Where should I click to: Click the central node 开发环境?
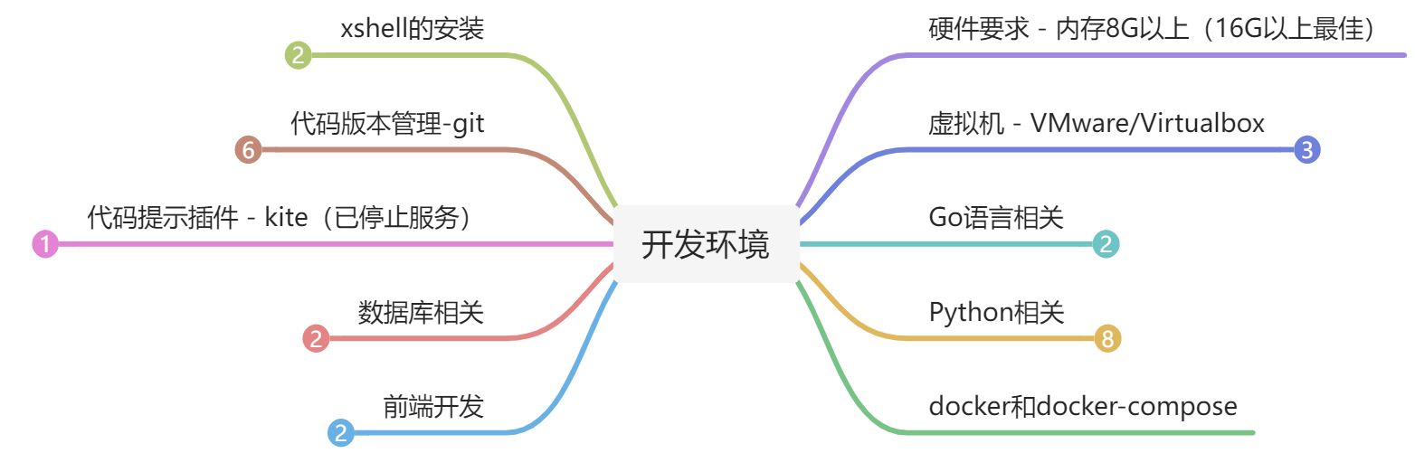[x=706, y=244]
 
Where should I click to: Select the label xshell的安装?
[x=412, y=29]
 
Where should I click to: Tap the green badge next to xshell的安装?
[x=298, y=56]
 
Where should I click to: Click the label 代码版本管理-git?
[x=387, y=123]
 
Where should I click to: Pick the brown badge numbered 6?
[x=247, y=149]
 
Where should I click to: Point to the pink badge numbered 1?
[x=44, y=243]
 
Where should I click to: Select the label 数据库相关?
[x=421, y=313]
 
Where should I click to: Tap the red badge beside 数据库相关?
[x=316, y=339]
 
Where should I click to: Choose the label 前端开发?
[x=433, y=407]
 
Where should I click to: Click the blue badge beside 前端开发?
[x=341, y=433]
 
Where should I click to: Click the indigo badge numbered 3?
[x=1307, y=149]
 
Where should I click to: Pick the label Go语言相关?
[x=996, y=218]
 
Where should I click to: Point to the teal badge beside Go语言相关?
[x=1106, y=243]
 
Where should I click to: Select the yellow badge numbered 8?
[x=1107, y=339]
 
